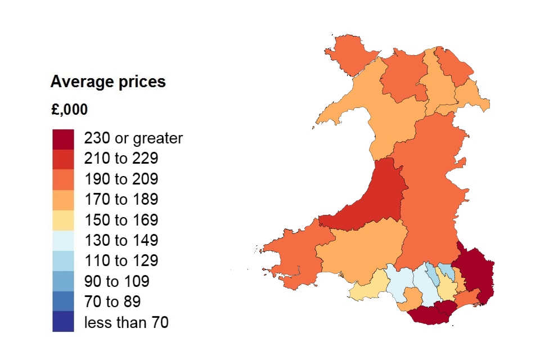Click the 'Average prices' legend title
(x=108, y=82)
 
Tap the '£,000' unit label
(x=69, y=110)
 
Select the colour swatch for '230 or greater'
(x=63, y=138)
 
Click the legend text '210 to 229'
(x=121, y=159)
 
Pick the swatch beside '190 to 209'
(x=63, y=179)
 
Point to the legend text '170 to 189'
(x=121, y=200)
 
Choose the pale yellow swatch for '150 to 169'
(x=63, y=220)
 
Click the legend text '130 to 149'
(x=121, y=241)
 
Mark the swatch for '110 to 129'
(x=63, y=261)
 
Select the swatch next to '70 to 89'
(x=63, y=301)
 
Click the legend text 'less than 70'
(x=126, y=322)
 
